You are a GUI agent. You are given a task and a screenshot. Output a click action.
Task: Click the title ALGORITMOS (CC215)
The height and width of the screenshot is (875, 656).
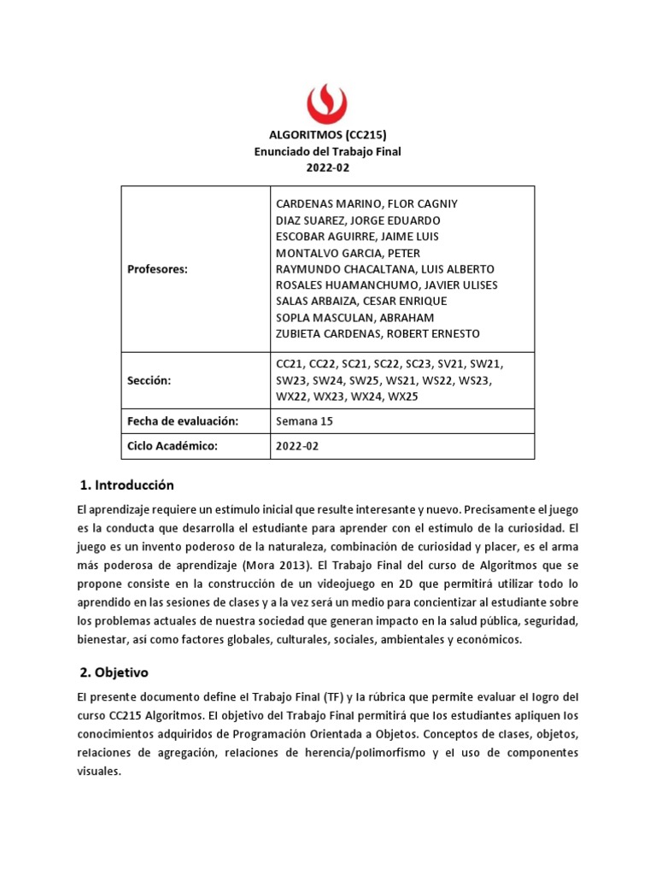(328, 135)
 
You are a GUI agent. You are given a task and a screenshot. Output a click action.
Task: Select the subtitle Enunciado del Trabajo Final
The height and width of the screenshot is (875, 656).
(328, 151)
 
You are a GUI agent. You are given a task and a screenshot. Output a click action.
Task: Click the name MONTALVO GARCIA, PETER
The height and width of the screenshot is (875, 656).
(348, 253)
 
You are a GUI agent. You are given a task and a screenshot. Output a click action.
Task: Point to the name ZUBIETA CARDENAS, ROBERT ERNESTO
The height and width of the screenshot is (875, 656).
(378, 333)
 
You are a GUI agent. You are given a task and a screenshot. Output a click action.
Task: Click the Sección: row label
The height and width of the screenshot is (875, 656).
(149, 380)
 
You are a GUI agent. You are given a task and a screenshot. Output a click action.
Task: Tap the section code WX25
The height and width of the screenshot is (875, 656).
(403, 396)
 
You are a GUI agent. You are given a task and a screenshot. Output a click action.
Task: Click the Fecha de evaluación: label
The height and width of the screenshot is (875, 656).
(182, 421)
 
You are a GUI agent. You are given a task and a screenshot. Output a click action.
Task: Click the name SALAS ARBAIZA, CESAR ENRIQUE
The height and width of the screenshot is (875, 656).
(360, 301)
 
